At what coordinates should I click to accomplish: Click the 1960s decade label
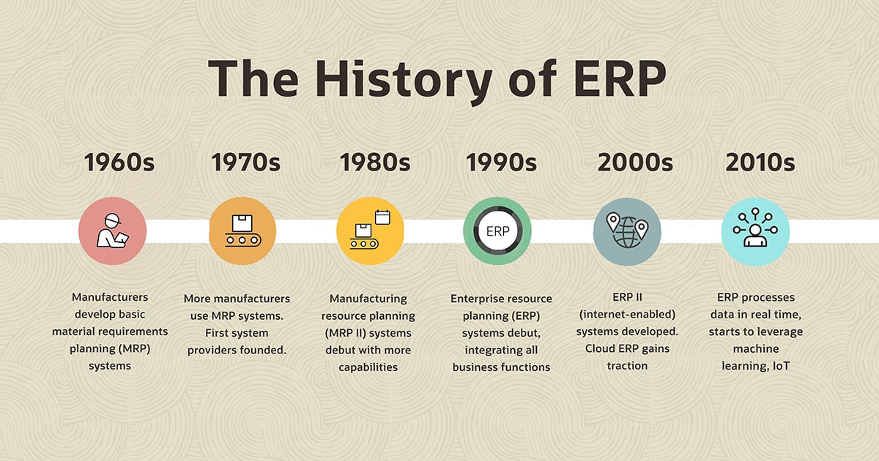(x=119, y=162)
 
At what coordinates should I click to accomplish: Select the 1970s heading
(x=247, y=162)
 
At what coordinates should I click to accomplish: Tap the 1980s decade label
(x=374, y=162)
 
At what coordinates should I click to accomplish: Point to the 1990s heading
(x=502, y=162)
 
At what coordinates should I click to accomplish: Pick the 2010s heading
(x=760, y=162)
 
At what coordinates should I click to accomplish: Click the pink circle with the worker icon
(x=112, y=231)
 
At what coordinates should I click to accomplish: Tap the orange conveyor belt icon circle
(x=242, y=231)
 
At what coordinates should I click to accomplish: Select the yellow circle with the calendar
(x=370, y=231)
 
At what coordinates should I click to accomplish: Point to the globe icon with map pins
(x=626, y=231)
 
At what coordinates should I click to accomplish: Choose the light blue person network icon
(x=754, y=231)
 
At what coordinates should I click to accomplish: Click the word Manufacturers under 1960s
(x=110, y=298)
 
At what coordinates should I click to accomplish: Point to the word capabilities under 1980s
(x=368, y=367)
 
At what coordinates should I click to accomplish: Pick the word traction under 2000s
(x=627, y=364)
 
